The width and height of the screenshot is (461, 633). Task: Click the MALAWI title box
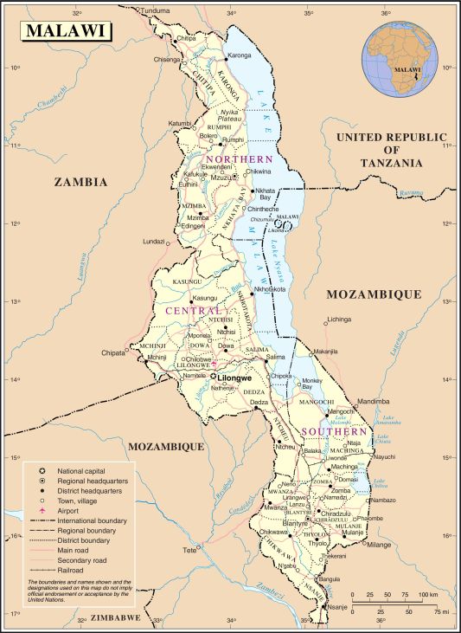pos(67,30)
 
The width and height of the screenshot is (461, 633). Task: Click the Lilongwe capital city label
pos(234,378)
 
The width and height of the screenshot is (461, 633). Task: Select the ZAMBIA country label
pos(80,182)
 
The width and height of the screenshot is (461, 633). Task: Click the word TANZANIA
pos(392,163)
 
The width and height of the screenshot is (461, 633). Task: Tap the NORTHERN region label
pos(240,159)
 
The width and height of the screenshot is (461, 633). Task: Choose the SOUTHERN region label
pos(335,430)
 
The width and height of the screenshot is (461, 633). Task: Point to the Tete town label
pos(189,550)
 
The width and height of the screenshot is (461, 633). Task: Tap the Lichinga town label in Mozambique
pos(339,319)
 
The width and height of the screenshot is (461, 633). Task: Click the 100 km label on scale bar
pos(426,596)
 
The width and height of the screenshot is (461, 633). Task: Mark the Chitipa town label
pos(187,39)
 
